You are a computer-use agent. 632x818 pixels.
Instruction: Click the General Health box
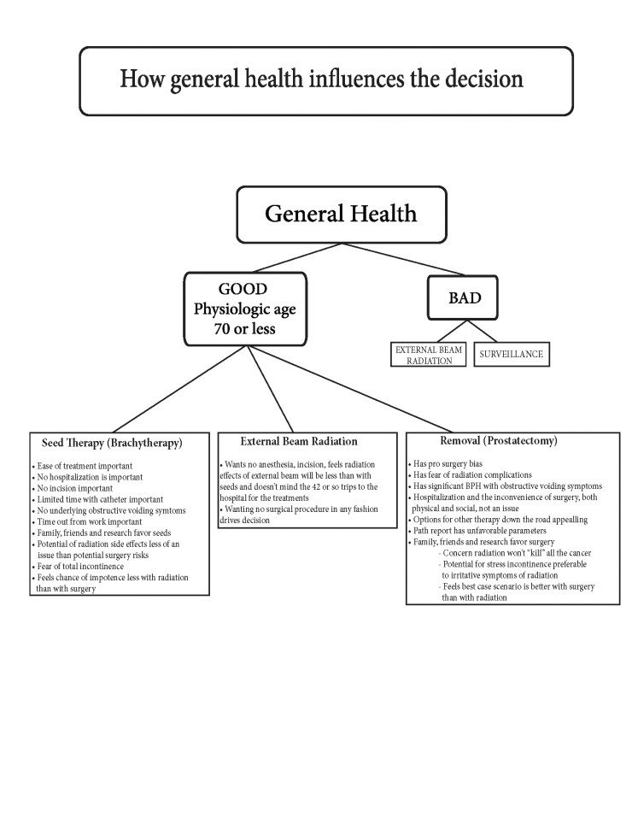340,213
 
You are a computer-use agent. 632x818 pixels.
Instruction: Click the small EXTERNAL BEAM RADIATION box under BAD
429,354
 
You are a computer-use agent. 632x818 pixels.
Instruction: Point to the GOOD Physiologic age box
243,307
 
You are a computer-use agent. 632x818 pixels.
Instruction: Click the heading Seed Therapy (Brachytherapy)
112,444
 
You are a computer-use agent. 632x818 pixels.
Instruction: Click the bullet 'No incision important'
70,488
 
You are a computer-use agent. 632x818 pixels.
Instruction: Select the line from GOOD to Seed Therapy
178,389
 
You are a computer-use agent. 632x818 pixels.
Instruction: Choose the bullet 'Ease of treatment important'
79,465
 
